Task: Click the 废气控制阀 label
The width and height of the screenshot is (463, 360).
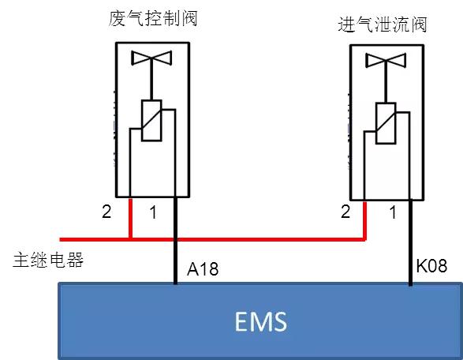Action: coord(153,17)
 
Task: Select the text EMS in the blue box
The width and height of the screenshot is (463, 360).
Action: coord(261,321)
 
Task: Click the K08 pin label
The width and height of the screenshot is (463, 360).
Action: coord(432,267)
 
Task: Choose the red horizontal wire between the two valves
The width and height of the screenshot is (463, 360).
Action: coord(268,237)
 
